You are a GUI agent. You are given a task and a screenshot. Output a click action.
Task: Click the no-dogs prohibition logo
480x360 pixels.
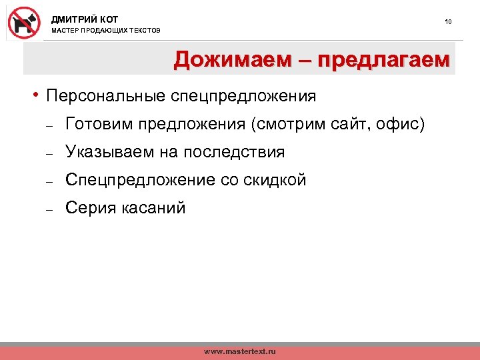coord(24,23)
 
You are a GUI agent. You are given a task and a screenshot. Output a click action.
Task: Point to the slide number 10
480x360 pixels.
coord(448,22)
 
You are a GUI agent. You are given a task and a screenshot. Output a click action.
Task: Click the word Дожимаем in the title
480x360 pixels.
coord(231,60)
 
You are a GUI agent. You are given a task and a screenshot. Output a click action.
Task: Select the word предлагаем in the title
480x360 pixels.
coord(384,60)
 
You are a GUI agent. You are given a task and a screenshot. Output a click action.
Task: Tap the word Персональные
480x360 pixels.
coord(103,96)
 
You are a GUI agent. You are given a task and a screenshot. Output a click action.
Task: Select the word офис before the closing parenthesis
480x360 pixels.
coord(399,124)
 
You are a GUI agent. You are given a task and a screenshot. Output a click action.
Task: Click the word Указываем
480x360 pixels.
coord(109,152)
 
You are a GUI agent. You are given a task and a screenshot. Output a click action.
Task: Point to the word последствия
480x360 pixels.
coord(234,152)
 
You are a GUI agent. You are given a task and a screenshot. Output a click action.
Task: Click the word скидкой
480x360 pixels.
coord(273,180)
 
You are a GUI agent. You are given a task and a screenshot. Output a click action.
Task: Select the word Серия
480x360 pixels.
coord(90,208)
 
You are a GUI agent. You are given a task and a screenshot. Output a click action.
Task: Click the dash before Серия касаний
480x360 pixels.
coord(49,209)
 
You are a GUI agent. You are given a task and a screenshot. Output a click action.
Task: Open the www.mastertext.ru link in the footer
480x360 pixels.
coord(239,351)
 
